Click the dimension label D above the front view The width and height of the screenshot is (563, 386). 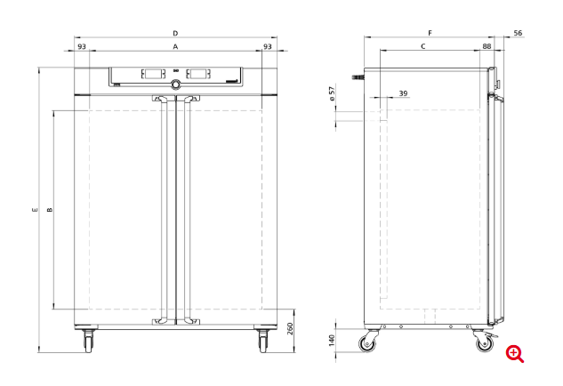pyautogui.click(x=175, y=34)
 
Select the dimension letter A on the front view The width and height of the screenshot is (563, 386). pyautogui.click(x=175, y=46)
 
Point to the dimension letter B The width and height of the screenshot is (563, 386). pyautogui.click(x=50, y=210)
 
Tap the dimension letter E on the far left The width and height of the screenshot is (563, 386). pyautogui.click(x=35, y=210)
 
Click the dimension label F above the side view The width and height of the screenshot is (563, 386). pyautogui.click(x=430, y=33)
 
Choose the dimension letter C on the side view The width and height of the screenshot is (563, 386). pyautogui.click(x=423, y=46)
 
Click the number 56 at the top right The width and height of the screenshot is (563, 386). pyautogui.click(x=518, y=33)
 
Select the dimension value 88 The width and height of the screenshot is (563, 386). pyautogui.click(x=487, y=46)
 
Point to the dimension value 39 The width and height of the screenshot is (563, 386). pyautogui.click(x=403, y=93)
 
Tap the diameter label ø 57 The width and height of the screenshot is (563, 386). pyautogui.click(x=332, y=93)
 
